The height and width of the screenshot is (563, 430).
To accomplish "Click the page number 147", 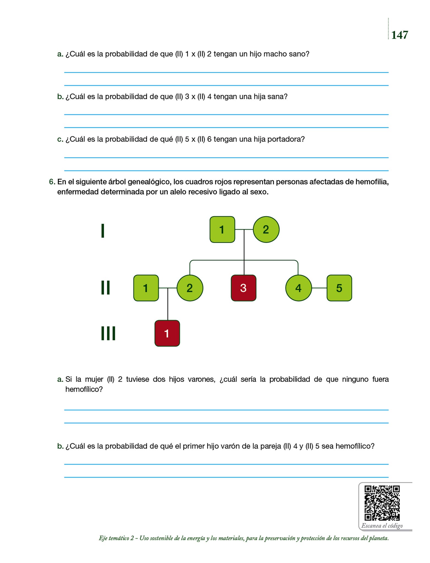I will (399, 35).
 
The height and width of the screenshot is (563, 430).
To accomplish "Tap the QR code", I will (382, 503).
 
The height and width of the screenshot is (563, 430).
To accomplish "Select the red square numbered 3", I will (243, 288).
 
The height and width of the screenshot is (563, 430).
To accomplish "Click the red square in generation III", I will (167, 333).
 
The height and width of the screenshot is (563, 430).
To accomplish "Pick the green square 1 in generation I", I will (222, 230).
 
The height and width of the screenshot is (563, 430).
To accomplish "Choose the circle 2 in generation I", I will (266, 230).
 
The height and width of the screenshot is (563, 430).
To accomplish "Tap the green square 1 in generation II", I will (146, 288).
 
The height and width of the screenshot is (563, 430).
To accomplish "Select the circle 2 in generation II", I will (190, 288).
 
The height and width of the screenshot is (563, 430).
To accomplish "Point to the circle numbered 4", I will (299, 288).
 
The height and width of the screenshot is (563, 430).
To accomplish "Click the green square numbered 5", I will (339, 288).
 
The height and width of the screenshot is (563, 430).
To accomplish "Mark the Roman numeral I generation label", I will (103, 231).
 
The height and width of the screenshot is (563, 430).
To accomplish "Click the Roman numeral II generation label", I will (106, 288).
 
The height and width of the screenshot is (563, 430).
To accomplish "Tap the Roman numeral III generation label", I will (108, 333).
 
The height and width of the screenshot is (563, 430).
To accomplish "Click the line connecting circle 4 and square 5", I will (319, 288).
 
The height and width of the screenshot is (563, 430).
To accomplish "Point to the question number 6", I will (52, 182).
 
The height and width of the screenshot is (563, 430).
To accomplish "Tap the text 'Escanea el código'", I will (382, 526).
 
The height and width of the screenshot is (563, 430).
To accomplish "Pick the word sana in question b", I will (277, 96).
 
